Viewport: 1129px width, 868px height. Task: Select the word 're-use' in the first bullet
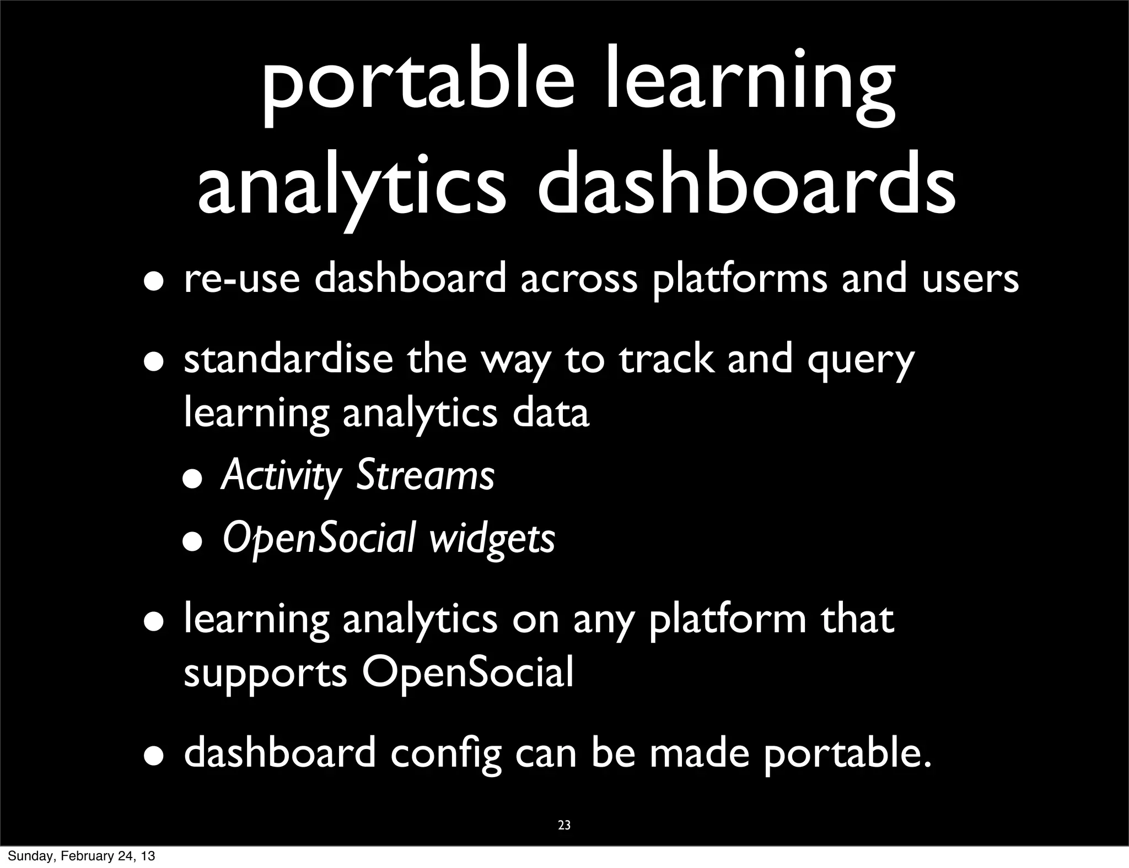point(242,279)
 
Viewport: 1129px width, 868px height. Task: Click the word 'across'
point(579,279)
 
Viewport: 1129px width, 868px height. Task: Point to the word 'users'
point(970,279)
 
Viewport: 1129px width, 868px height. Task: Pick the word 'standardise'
point(288,359)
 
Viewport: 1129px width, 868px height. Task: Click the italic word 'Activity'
point(281,476)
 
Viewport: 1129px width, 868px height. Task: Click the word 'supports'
point(265,675)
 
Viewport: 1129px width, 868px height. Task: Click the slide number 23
point(564,825)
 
